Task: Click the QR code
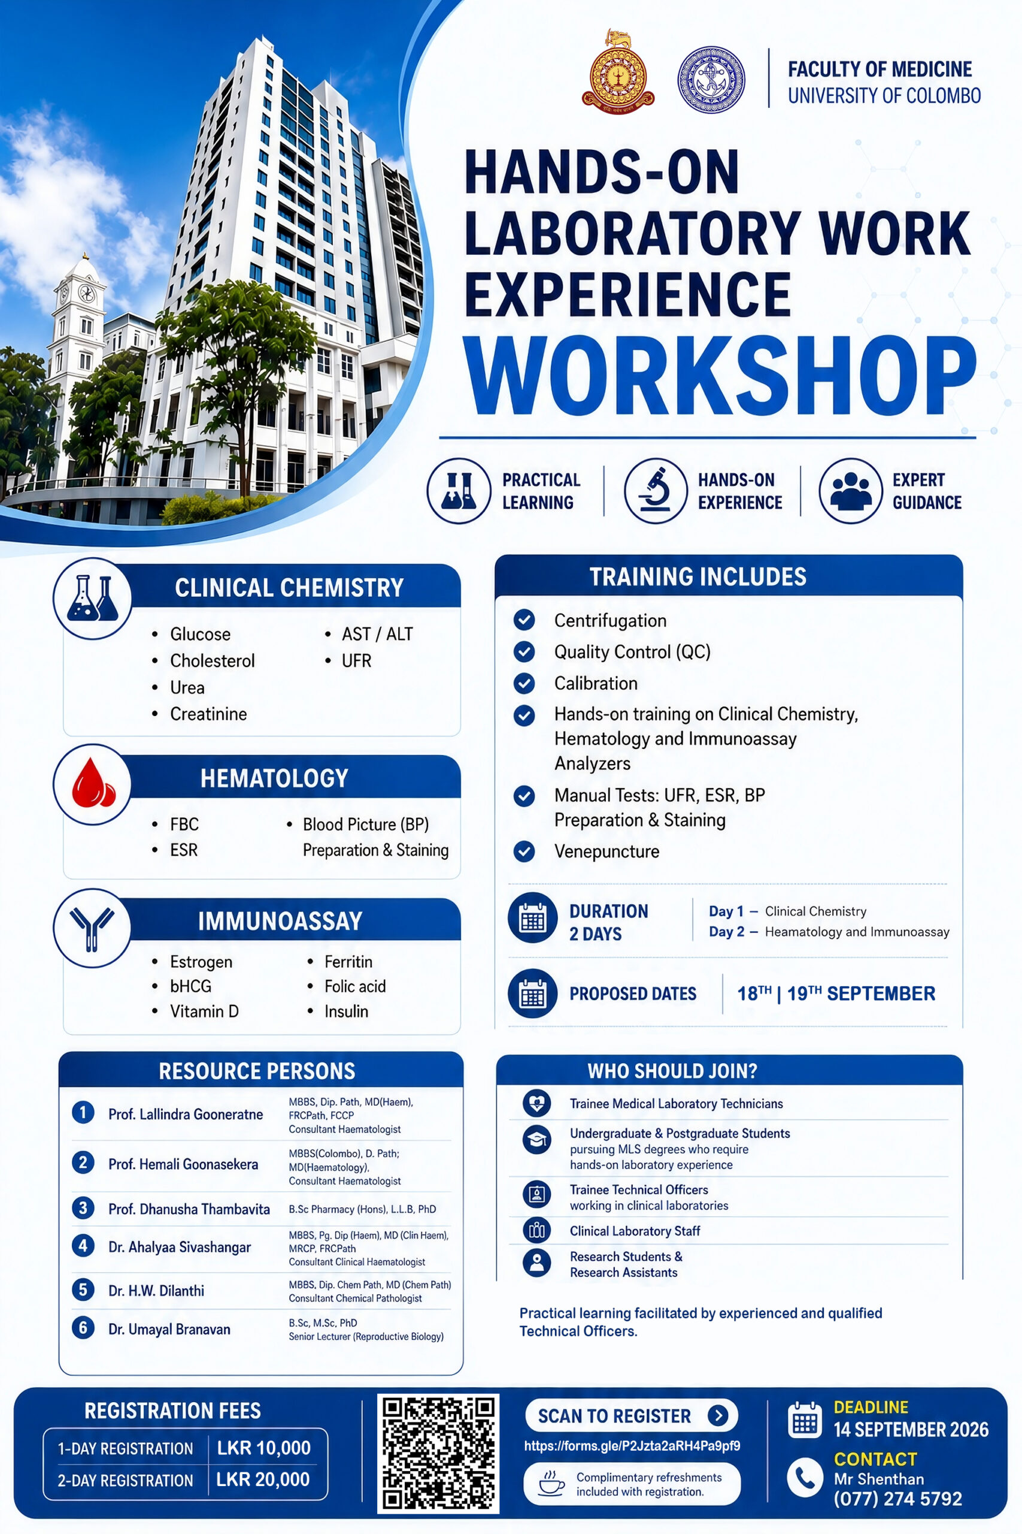click(438, 1453)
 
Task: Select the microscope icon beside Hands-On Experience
click(655, 491)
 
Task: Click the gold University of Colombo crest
click(618, 71)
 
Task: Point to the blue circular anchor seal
click(711, 80)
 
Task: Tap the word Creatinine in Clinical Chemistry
click(208, 714)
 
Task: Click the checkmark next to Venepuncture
click(524, 851)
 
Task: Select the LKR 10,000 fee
click(264, 1448)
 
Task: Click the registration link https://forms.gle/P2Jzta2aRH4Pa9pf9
click(632, 1446)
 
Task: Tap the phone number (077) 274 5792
click(897, 1499)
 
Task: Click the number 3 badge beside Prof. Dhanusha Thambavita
click(83, 1208)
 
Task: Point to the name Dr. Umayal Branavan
click(169, 1329)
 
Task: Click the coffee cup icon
click(551, 1484)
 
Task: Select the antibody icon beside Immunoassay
click(92, 928)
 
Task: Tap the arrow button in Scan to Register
click(718, 1415)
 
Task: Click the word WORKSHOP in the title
click(720, 376)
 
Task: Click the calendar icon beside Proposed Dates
click(532, 994)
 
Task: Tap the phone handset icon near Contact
click(805, 1478)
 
